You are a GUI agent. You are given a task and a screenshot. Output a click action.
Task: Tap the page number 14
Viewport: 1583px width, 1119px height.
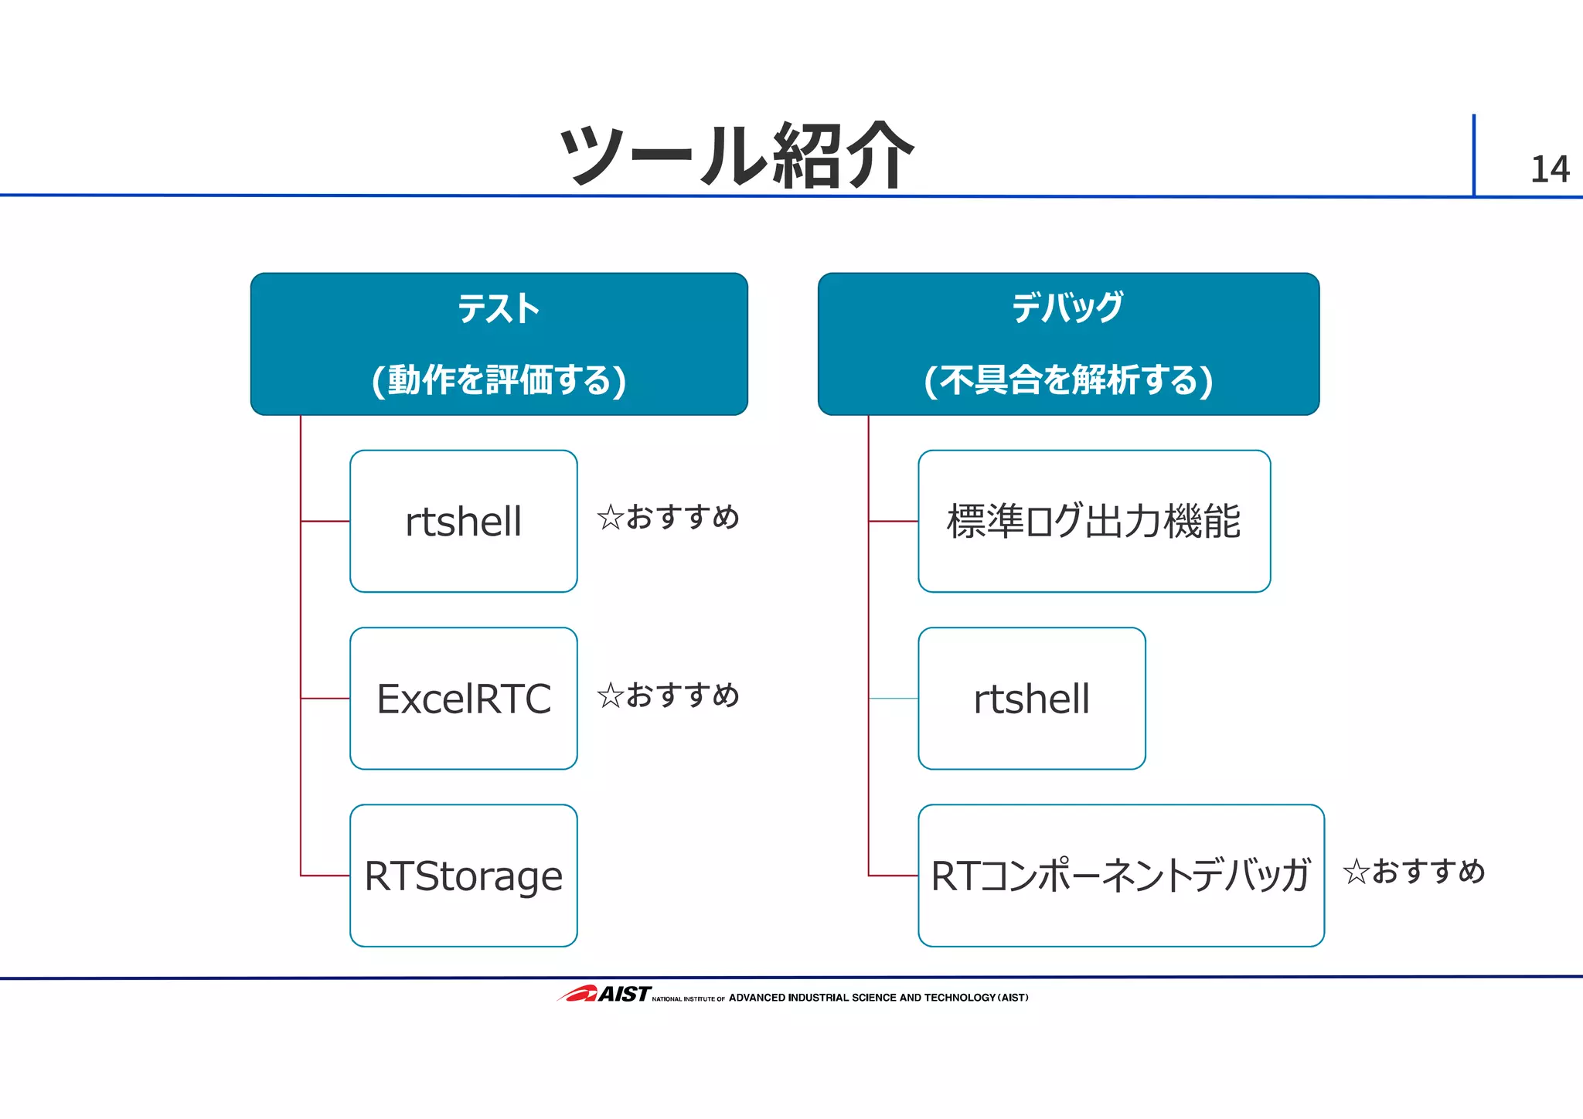coord(1549,170)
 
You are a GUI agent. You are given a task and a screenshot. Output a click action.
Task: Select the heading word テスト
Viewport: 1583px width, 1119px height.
coord(499,308)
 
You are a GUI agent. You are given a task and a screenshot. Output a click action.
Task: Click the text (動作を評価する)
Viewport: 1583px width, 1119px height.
coord(499,379)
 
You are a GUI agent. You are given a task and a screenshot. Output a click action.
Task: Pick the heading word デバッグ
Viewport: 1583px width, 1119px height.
coord(1067,308)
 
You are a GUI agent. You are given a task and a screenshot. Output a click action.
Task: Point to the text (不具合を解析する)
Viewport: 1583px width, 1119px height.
coord(1068,379)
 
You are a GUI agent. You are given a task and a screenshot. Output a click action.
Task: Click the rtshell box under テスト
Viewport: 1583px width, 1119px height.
coord(463,521)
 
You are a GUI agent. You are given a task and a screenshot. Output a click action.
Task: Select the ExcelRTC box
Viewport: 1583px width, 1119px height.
coord(463,698)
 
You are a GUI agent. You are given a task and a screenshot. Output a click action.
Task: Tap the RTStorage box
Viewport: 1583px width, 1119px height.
coord(463,876)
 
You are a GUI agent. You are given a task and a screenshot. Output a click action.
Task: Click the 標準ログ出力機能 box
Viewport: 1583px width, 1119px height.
coord(1093,521)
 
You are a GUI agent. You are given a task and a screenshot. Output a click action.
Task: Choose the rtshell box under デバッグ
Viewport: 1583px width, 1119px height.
coord(1031,698)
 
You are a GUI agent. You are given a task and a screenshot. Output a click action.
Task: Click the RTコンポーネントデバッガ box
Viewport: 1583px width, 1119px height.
coord(1120,876)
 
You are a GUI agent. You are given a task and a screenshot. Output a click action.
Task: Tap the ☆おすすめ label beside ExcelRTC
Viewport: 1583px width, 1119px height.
coord(668,695)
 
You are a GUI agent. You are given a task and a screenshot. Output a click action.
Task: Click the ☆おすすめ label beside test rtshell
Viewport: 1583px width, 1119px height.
coord(668,516)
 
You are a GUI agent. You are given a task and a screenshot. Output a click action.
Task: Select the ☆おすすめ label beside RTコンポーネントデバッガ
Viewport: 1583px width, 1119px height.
coord(1414,871)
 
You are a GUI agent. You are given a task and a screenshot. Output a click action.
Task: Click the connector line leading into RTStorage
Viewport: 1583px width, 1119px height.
coord(325,876)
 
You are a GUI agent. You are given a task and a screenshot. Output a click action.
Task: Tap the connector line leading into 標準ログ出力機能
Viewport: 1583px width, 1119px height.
coord(893,521)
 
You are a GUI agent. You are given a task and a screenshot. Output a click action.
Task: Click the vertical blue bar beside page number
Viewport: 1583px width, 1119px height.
coord(1473,155)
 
